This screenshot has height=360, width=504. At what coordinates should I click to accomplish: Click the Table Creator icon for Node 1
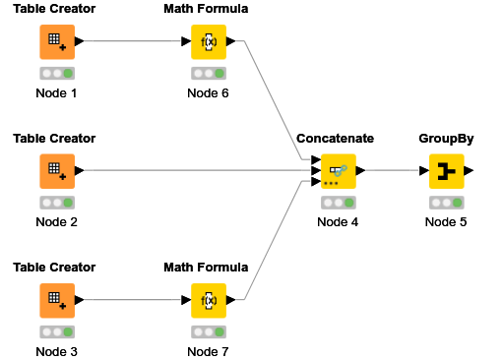pos(56,42)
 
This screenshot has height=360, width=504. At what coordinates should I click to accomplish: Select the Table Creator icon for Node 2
pos(56,171)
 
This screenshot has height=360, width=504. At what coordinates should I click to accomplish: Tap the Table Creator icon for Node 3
pos(56,300)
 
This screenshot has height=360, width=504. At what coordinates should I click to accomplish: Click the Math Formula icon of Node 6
pos(209,42)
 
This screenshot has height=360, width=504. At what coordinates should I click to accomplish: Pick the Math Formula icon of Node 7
pos(209,300)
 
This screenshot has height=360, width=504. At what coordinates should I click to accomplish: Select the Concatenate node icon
pos(338,171)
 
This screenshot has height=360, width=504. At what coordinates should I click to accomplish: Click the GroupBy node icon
pos(446,171)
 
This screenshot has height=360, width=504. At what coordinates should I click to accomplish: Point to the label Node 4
pos(338,222)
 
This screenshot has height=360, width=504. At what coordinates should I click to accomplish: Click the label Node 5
pos(446,222)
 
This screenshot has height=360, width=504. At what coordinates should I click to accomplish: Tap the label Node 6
pos(209,93)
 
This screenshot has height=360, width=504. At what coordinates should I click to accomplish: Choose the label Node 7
pos(209,351)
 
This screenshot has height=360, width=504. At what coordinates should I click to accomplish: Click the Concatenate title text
pos(338,139)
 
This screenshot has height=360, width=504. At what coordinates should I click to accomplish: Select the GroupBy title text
pos(446,139)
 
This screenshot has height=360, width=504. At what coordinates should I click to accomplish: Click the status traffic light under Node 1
pos(56,74)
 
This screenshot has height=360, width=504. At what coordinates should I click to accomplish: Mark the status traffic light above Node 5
pos(446,203)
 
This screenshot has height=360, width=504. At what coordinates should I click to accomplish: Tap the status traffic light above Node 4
pos(338,203)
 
